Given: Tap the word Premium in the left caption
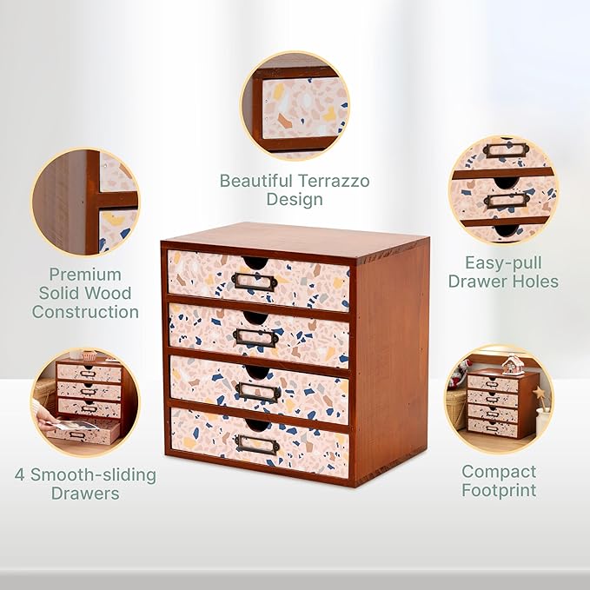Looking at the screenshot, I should [x=85, y=274].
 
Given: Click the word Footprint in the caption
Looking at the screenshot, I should [x=499, y=491].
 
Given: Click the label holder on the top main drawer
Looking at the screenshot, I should [x=255, y=281].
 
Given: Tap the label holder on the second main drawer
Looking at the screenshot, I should [x=255, y=337].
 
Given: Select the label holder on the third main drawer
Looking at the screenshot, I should [x=258, y=392].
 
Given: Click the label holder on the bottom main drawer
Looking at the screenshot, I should [x=257, y=444].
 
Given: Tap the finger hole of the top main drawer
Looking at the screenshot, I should [x=257, y=262].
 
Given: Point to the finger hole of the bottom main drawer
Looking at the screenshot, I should [x=257, y=425].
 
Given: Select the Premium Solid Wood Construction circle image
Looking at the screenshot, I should [x=85, y=202].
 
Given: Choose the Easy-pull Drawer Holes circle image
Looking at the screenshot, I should [x=503, y=189].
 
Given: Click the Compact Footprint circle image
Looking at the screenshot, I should [x=499, y=401].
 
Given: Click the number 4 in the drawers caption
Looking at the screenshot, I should [x=20, y=475].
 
